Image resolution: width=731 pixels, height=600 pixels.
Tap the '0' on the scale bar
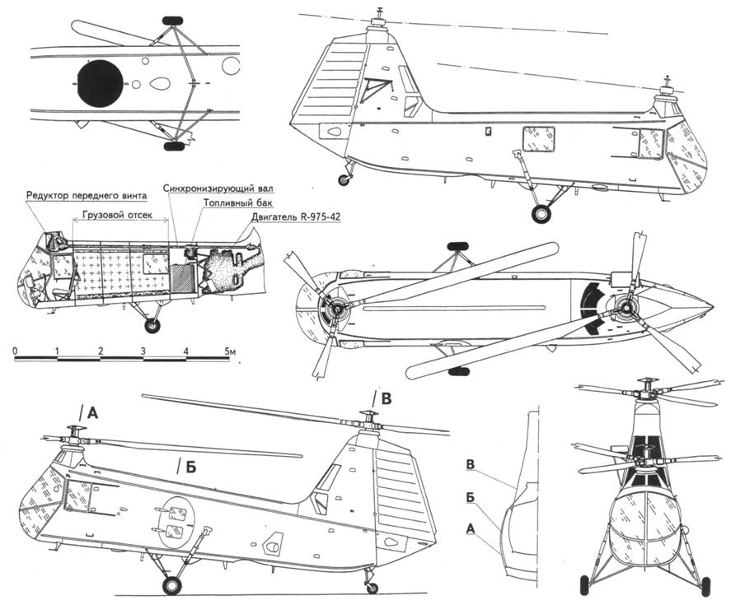pyautogui.click(x=16, y=352)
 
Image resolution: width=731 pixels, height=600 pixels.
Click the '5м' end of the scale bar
pyautogui.click(x=229, y=352)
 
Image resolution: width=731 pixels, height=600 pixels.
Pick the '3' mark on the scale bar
pyautogui.click(x=143, y=352)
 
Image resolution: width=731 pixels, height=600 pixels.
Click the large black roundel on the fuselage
pyautogui.click(x=101, y=82)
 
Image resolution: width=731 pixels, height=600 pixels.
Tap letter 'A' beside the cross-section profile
pyautogui.click(x=470, y=531)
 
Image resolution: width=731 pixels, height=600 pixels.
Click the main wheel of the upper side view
pyautogui.click(x=541, y=215)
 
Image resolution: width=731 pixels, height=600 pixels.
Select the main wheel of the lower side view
pyautogui.click(x=171, y=586)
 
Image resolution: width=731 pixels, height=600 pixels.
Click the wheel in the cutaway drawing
pyautogui.click(x=152, y=326)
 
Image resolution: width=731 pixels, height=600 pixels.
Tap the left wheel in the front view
pyautogui.click(x=586, y=585)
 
